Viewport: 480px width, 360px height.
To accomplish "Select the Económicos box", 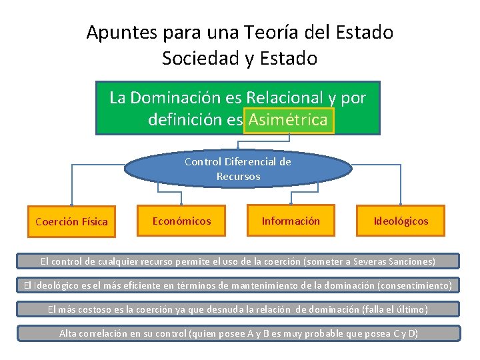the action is pos(181,221).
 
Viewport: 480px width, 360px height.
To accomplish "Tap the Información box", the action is pos(290,221).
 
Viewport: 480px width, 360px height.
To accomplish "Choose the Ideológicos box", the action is pos(401,221).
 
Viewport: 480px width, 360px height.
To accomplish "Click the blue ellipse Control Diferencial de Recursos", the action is pos(238,169).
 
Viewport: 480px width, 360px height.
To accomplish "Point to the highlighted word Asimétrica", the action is pos(288,120).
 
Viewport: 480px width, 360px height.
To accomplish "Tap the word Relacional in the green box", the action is pos(285,97).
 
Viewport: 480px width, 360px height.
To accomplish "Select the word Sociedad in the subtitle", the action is pos(200,59).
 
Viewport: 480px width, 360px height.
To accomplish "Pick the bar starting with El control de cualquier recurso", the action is pos(238,261).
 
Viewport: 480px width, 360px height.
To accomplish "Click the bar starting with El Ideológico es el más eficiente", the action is pos(238,285).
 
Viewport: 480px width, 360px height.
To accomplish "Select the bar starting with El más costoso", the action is pos(238,309).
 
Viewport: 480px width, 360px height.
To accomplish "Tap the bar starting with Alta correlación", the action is pos(238,333).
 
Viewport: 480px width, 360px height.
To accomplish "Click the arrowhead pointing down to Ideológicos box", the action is pos(401,201).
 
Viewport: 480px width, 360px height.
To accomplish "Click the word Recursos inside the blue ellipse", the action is pos(238,177).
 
